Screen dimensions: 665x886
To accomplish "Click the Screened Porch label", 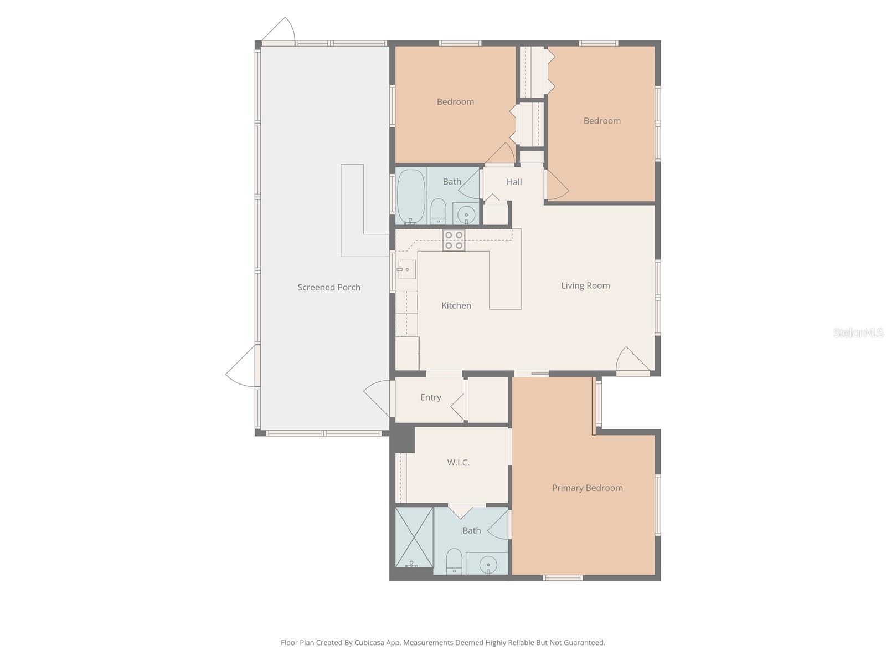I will (x=329, y=287).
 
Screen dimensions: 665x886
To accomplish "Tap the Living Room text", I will (x=585, y=285).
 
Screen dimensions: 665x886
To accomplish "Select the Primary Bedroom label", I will (x=587, y=488).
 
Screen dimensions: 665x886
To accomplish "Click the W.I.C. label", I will (x=459, y=462).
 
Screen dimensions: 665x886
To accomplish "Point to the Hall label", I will (x=514, y=182).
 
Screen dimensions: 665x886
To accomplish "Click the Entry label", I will (x=430, y=397).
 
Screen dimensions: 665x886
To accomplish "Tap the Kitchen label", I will (x=456, y=305).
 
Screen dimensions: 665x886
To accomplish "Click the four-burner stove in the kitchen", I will (x=454, y=240).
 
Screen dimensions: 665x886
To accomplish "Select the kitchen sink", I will (x=406, y=269).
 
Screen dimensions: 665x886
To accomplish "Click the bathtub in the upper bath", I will (x=411, y=196).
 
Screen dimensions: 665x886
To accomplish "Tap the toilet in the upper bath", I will (x=438, y=211).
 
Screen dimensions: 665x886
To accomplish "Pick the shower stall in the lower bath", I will (x=414, y=537).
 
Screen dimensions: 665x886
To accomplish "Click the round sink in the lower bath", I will (x=488, y=565).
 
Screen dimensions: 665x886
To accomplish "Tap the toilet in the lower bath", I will (x=454, y=561).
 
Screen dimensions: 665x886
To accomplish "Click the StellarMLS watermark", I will (x=858, y=332).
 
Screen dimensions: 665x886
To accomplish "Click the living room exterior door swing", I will (x=631, y=360).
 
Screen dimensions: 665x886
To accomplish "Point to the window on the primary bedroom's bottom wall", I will (x=563, y=578).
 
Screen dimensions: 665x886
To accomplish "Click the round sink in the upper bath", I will (x=466, y=214).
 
